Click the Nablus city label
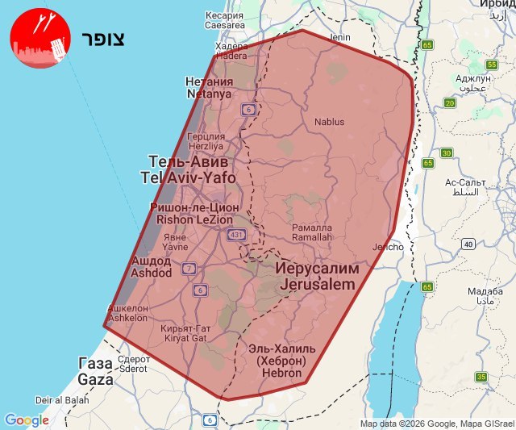point(328,122)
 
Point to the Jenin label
point(341,37)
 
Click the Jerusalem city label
point(318,276)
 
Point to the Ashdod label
point(151,267)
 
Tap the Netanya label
point(209,88)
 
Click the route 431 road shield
point(236,235)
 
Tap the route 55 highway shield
point(492,65)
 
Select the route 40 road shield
point(468,244)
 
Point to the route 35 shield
point(481,377)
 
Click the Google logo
point(27,420)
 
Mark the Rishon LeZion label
point(192,213)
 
